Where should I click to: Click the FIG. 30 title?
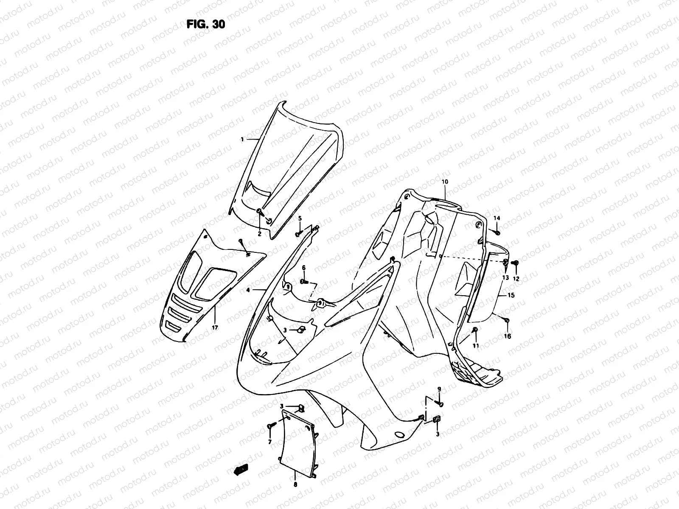click(206, 24)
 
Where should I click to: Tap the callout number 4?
click(248, 290)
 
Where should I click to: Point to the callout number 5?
click(299, 218)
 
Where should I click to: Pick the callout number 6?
click(304, 268)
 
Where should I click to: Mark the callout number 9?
click(439, 389)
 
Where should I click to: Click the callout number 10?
click(445, 182)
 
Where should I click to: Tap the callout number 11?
click(476, 346)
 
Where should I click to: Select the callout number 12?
click(516, 279)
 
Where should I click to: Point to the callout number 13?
click(505, 277)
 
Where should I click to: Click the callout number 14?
click(497, 218)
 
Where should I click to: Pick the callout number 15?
click(511, 295)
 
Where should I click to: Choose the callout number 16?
click(508, 336)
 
